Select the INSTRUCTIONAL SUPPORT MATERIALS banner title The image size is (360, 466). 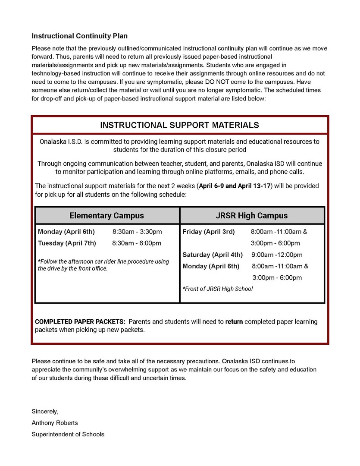coord(179,125)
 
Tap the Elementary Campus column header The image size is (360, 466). coord(106,215)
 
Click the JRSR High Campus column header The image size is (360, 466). coord(251,215)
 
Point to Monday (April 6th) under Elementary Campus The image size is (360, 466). coord(66,232)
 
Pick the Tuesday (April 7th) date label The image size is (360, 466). coord(67,243)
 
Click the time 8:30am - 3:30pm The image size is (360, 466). coord(137,232)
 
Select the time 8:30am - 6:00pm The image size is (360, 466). coord(137,243)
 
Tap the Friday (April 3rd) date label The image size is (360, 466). coord(208,232)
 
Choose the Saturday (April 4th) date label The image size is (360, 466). coord(212,255)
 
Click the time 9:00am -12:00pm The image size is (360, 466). coord(277,255)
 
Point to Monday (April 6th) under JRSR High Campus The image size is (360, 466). coord(210,266)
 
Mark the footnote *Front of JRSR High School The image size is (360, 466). coord(218,289)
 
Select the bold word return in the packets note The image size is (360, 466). coord(234,322)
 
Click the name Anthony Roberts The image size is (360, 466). coord(55,423)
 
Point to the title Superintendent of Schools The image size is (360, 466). coord(68,434)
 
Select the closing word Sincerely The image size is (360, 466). coord(45,412)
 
